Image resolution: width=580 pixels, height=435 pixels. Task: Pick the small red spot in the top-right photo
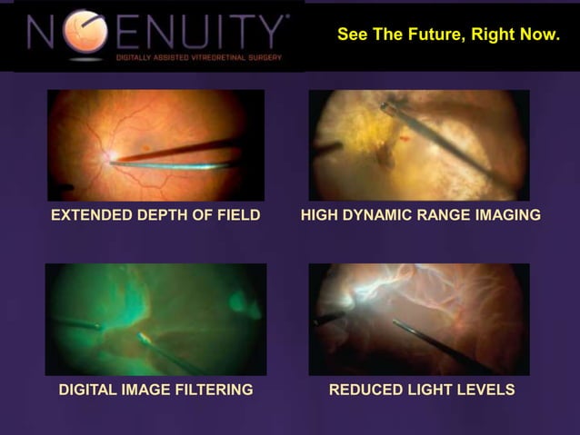coord(403,138)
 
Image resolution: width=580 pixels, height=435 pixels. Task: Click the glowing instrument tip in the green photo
coord(144,340)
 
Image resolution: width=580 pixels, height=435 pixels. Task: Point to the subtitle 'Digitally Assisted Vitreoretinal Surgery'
coord(197,57)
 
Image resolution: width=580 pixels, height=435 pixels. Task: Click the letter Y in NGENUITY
coord(268,33)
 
